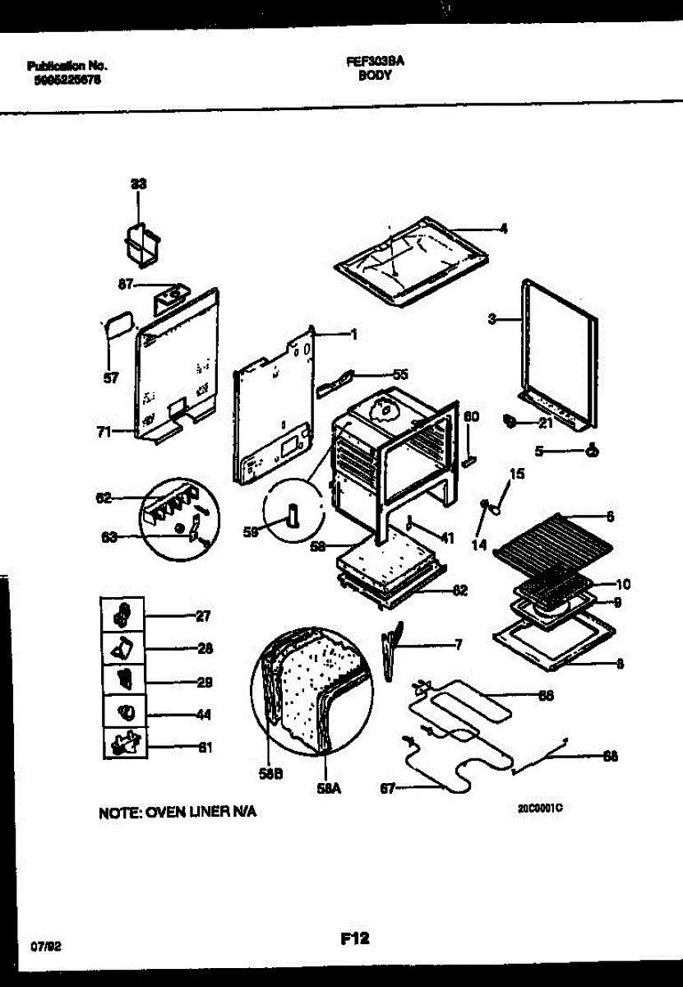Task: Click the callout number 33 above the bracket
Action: (x=139, y=186)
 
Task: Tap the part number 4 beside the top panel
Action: (x=503, y=229)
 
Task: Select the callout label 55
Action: (x=400, y=374)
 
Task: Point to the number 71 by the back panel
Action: (x=104, y=430)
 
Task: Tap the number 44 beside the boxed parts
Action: (x=204, y=715)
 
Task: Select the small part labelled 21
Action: (x=510, y=422)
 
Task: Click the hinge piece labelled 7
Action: (x=391, y=650)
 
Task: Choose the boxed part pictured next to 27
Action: (x=122, y=614)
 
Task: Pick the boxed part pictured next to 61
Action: (x=122, y=744)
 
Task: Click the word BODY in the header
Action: (x=374, y=75)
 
